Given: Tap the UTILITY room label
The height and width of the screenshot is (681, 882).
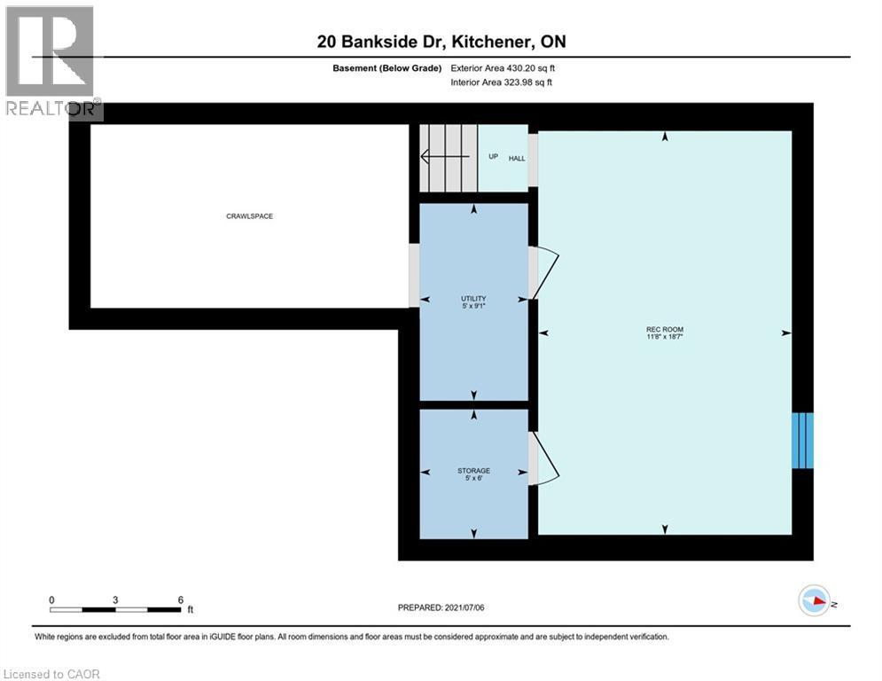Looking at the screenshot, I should [x=473, y=299].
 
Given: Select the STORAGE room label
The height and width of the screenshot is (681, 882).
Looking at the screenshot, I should [x=473, y=471].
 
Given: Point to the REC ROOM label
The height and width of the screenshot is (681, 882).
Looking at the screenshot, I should [x=664, y=330].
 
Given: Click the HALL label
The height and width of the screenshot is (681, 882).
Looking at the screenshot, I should [x=516, y=158].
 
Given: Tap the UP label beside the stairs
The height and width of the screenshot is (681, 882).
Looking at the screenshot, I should [x=494, y=158].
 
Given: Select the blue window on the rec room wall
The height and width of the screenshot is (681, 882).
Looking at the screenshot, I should [x=802, y=441].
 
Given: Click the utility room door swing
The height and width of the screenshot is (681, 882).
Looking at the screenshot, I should [x=544, y=272].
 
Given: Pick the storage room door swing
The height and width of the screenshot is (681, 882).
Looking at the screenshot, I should [x=544, y=458].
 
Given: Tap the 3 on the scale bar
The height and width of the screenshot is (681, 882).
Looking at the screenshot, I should [x=115, y=599].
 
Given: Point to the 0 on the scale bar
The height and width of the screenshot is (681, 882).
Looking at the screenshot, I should [x=51, y=599].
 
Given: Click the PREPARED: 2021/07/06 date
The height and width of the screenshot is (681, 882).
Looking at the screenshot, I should [x=442, y=607].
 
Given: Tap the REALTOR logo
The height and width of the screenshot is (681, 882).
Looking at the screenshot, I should [x=51, y=62].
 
